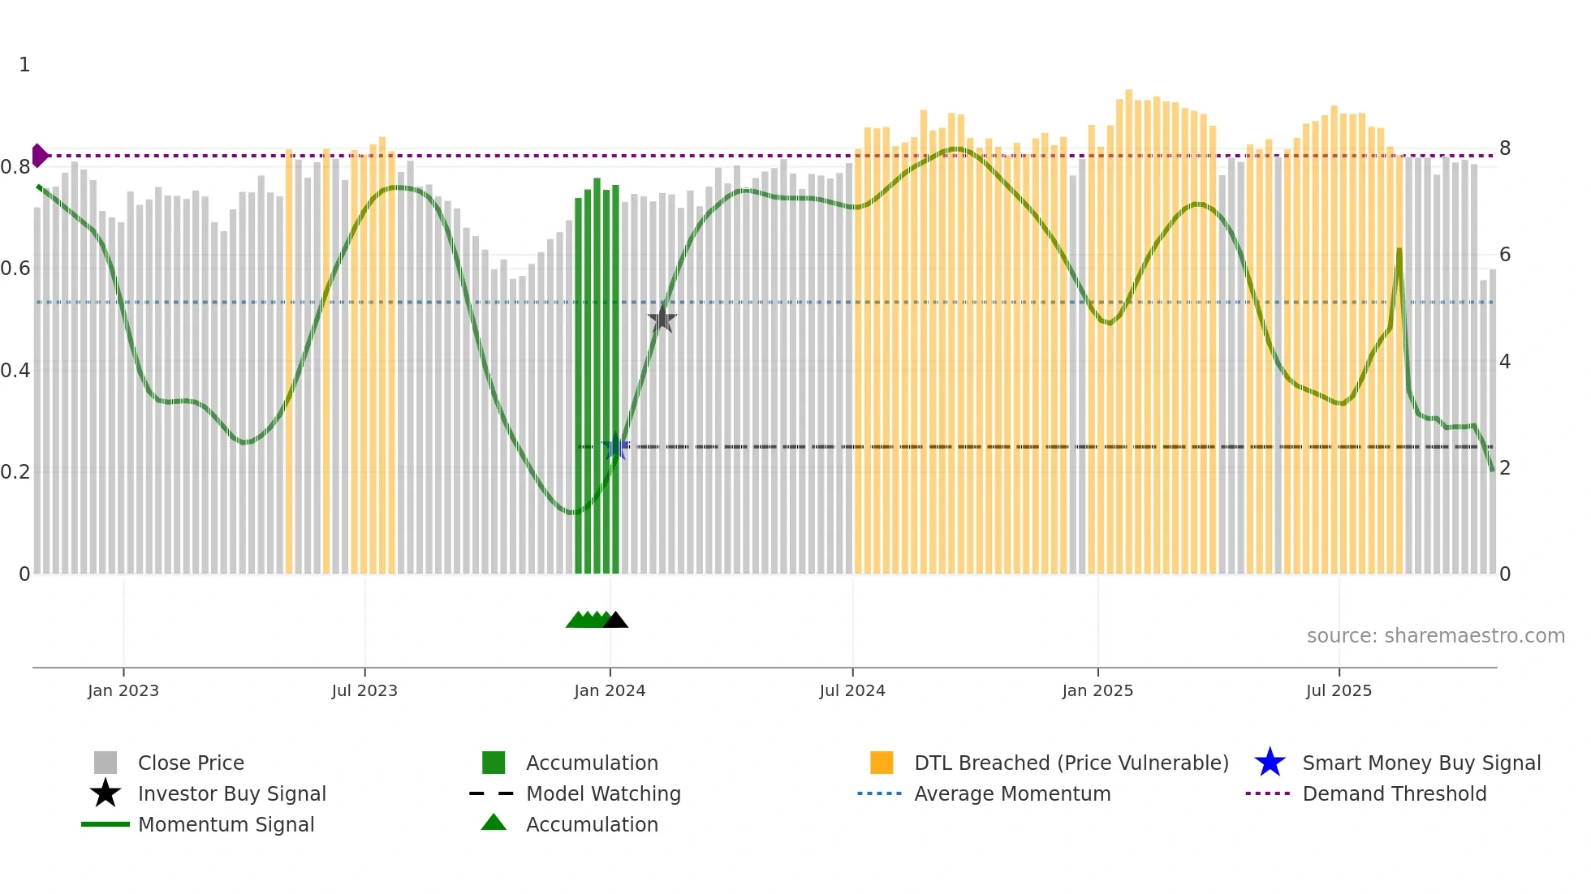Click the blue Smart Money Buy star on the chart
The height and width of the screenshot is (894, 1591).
click(x=615, y=447)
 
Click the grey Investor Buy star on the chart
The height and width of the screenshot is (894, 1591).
click(x=662, y=319)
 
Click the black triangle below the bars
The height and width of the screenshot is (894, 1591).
click(x=616, y=621)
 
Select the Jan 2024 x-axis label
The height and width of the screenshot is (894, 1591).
click(x=610, y=690)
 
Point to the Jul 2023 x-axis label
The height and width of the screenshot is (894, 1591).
click(x=364, y=690)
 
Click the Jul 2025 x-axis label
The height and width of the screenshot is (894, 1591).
click(x=1339, y=690)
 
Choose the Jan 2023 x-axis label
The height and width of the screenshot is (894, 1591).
click(x=123, y=690)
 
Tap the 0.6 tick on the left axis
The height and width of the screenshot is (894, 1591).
click(x=15, y=269)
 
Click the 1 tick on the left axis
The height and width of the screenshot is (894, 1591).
click(x=24, y=65)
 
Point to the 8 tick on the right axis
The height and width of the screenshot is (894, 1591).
click(x=1505, y=148)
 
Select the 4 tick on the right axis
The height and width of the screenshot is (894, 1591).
click(x=1505, y=362)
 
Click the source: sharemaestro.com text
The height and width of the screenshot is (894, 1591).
click(x=1435, y=636)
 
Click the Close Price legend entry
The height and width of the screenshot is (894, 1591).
click(x=191, y=763)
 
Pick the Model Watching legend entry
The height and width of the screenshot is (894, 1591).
click(x=603, y=793)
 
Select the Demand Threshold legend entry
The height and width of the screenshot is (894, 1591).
click(x=1394, y=793)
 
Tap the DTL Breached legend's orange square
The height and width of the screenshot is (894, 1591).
click(x=882, y=763)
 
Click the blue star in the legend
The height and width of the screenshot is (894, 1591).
click(x=1270, y=763)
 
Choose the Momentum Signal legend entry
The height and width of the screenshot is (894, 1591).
click(x=226, y=824)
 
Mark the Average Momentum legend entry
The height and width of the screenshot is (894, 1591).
click(x=1012, y=793)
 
